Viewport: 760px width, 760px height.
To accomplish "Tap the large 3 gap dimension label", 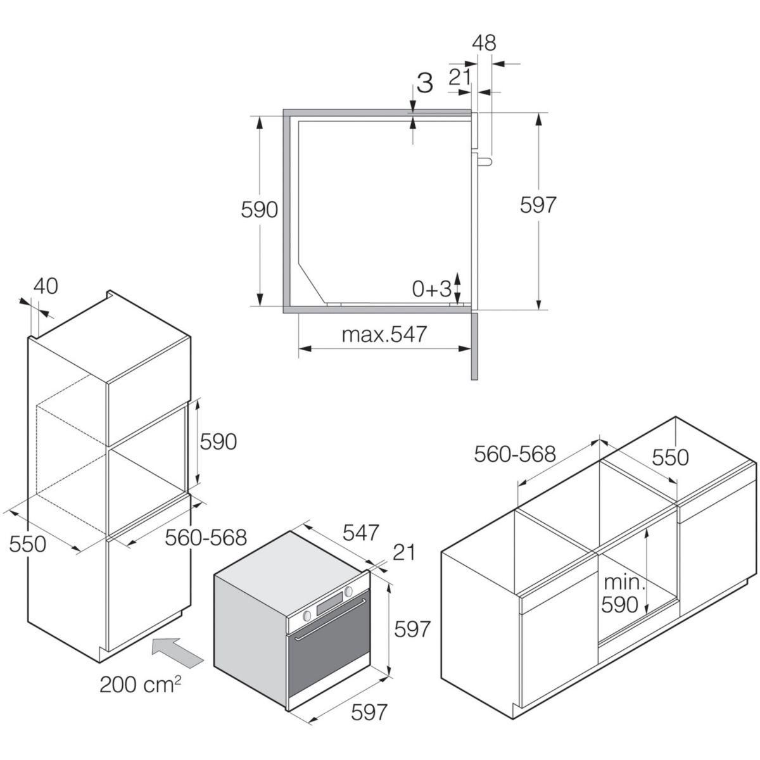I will (x=424, y=83).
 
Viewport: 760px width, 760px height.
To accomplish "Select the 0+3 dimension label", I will (x=431, y=289).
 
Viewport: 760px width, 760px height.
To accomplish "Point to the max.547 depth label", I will (x=384, y=334).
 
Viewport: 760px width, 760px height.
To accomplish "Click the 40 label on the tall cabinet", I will (x=45, y=286).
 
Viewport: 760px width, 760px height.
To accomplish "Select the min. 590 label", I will (x=623, y=594).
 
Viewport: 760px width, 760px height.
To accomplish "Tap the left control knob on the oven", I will (x=307, y=616).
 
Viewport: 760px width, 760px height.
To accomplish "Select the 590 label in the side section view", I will (x=260, y=210).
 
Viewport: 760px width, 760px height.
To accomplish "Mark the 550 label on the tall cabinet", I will (x=28, y=543).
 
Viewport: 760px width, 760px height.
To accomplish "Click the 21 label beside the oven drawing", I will (x=403, y=552).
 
